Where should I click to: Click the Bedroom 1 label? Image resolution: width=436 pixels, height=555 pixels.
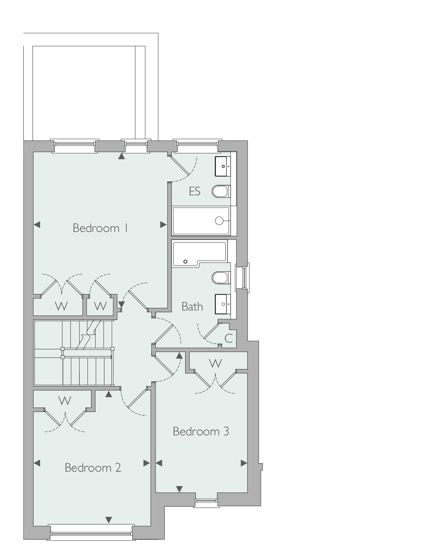100,228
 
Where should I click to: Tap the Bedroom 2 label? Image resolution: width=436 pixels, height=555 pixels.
93,468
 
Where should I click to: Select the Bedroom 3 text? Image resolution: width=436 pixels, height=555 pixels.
201,432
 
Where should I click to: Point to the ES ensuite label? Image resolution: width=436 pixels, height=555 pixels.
195,191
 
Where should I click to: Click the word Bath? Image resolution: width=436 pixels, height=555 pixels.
192,307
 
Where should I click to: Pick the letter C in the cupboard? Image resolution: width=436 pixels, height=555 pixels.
228,338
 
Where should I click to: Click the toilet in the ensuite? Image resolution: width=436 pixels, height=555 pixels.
221,192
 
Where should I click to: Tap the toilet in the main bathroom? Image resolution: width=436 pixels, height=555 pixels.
221,278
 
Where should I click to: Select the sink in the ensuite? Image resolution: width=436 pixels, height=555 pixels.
223,166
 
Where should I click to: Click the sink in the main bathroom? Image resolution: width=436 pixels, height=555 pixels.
223,304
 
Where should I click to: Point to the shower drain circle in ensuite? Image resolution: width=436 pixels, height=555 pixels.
219,221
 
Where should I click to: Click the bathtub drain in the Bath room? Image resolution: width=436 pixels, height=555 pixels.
185,262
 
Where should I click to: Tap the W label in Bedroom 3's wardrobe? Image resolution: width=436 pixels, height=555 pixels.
216,363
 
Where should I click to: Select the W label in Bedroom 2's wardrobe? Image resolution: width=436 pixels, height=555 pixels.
65,401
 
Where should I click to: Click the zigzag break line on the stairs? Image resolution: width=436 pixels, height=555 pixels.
89,334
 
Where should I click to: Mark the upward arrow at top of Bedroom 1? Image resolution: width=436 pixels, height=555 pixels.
121,156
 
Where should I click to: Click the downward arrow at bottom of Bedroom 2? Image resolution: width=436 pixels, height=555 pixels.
109,520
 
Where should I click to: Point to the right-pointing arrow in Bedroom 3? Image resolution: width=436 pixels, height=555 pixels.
244,463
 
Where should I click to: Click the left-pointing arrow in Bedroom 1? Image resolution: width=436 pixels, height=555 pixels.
37,225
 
